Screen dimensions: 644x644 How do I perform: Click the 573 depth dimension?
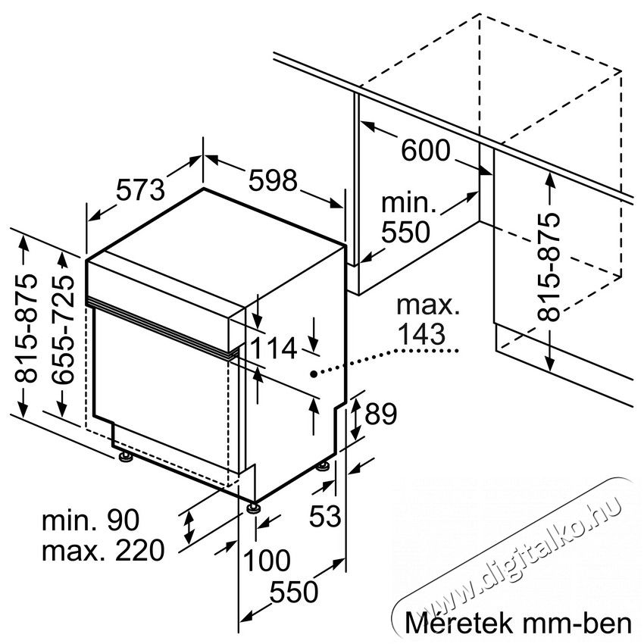click(140, 189)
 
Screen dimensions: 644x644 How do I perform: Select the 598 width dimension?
click(273, 180)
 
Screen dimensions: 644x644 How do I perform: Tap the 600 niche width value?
click(426, 150)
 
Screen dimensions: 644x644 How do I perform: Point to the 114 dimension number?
click(274, 349)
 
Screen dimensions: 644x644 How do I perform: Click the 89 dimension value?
click(381, 414)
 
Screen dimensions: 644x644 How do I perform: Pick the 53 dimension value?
click(325, 516)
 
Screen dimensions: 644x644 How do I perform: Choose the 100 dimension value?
click(267, 560)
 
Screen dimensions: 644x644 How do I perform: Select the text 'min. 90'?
click(91, 520)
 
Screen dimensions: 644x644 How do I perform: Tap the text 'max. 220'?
click(103, 551)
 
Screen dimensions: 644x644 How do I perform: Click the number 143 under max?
click(422, 333)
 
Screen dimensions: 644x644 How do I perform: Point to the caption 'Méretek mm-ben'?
click(518, 623)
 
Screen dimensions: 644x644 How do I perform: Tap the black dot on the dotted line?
click(314, 374)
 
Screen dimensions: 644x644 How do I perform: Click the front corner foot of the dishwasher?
click(252, 507)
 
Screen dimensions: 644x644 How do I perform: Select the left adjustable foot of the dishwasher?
click(124, 457)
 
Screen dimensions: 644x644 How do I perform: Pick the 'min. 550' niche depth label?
click(408, 217)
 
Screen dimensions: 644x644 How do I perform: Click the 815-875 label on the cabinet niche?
click(549, 267)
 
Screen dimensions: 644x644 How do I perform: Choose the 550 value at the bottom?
click(294, 592)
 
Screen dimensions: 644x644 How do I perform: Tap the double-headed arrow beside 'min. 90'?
click(189, 527)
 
